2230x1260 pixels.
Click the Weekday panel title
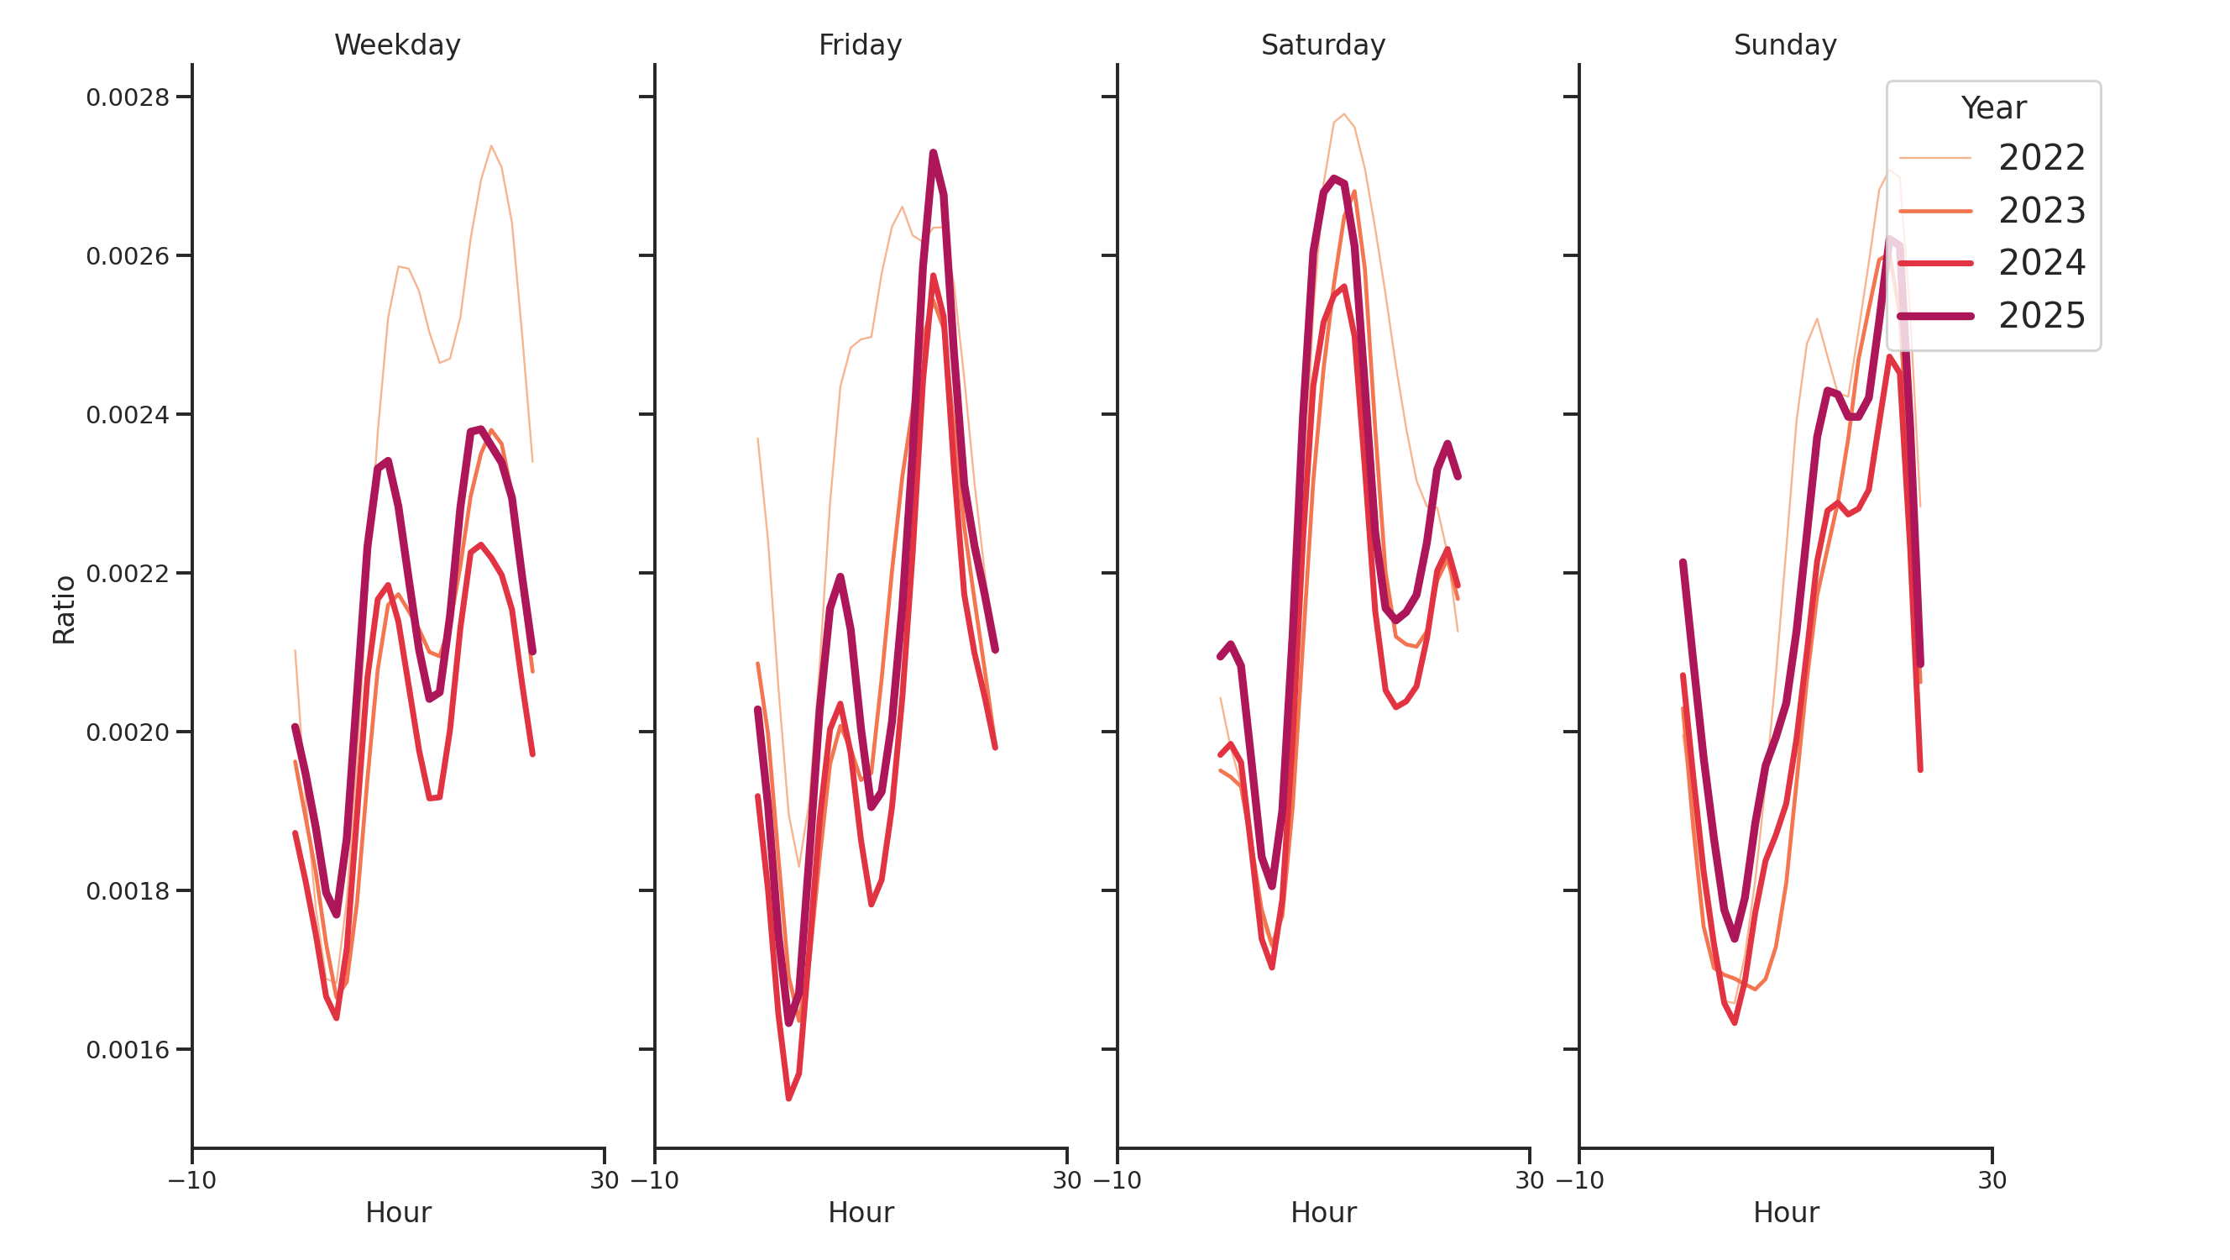(x=396, y=45)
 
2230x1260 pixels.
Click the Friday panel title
(x=860, y=45)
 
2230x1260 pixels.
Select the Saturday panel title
(x=1322, y=45)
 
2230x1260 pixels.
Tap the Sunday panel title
(x=1784, y=45)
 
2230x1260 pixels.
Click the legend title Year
(x=1992, y=108)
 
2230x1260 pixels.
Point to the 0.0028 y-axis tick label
(x=128, y=97)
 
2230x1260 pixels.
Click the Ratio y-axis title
(x=64, y=610)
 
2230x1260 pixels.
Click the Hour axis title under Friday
(x=860, y=1212)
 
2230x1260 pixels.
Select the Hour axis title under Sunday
(x=1785, y=1212)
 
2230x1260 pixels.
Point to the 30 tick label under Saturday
(x=1530, y=1180)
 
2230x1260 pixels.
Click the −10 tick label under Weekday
(x=192, y=1180)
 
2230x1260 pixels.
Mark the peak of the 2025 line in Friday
(x=932, y=153)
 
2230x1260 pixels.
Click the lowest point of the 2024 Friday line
(x=788, y=1098)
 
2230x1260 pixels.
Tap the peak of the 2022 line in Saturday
(x=1343, y=114)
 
